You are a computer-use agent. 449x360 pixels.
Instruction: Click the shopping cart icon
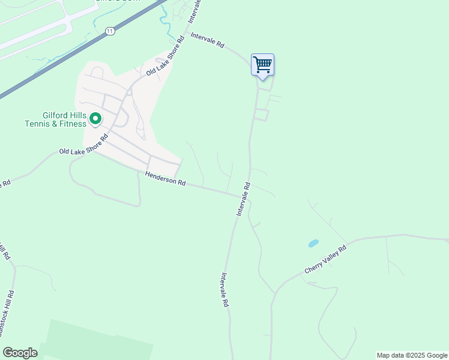coord(262,64)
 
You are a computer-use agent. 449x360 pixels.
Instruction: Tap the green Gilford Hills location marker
coord(95,119)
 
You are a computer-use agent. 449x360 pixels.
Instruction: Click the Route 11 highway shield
coord(109,31)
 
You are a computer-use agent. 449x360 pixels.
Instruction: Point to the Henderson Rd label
coord(165,179)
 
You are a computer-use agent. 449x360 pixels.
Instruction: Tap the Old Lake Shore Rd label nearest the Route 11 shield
coord(166,61)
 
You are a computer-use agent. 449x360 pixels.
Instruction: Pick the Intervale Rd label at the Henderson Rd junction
coord(243,200)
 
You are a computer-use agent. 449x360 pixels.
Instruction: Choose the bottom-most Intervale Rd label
coord(224,290)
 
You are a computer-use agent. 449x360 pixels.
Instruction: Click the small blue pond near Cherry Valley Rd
coord(313,244)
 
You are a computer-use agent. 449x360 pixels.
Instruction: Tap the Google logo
coord(20,352)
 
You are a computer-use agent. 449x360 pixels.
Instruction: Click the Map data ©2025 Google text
coord(412,355)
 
